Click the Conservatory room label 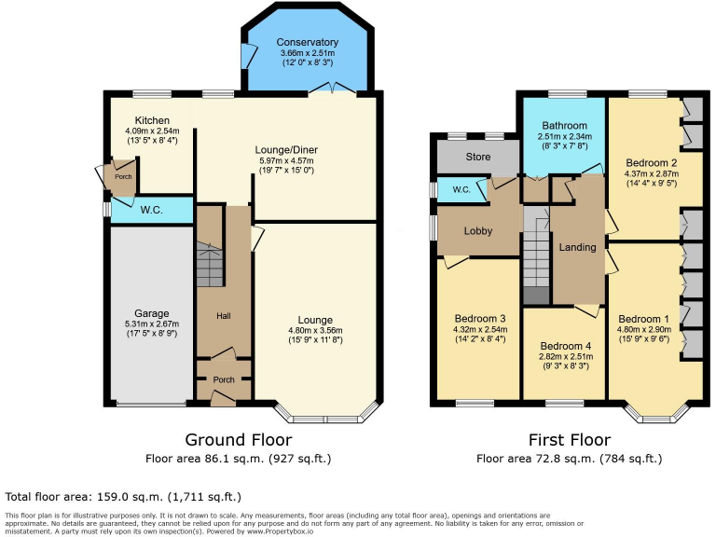307,42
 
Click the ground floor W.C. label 151,210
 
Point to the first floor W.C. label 461,190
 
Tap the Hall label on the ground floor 223,317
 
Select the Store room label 477,157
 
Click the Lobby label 477,230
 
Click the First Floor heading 569,439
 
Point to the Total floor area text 123,497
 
